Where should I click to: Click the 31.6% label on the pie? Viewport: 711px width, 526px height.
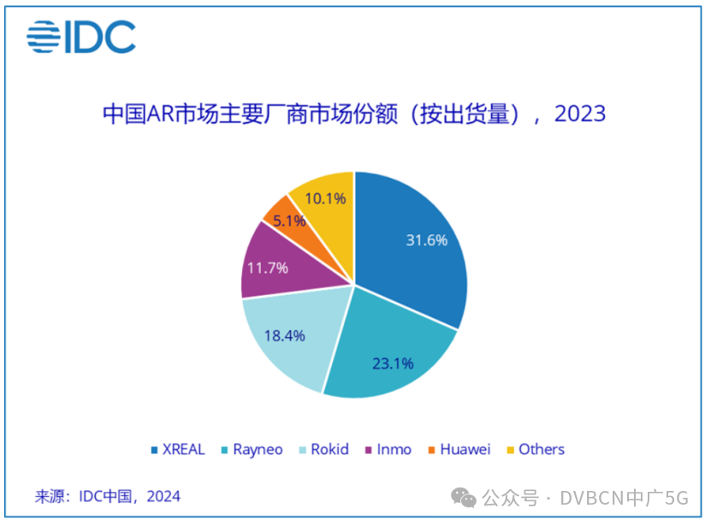click(426, 240)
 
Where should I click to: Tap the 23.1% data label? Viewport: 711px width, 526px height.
click(393, 363)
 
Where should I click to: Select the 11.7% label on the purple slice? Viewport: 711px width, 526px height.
click(267, 268)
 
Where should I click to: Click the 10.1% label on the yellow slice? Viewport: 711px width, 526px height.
click(325, 198)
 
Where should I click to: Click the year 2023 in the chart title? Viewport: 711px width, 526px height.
click(580, 114)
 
